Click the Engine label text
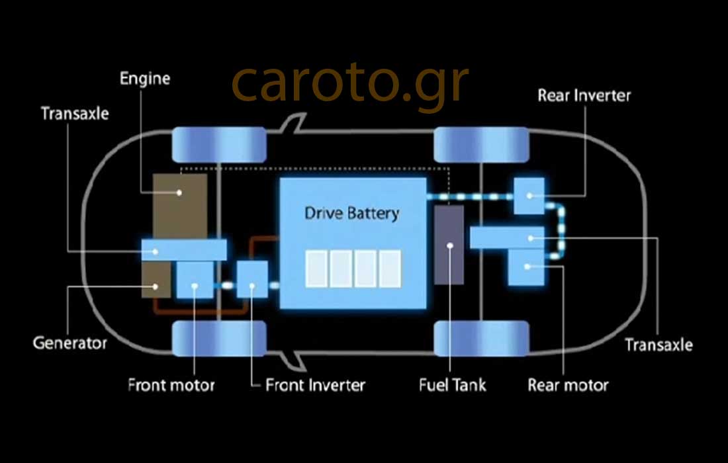[x=145, y=79]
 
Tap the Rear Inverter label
[x=584, y=95]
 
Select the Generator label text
[x=69, y=343]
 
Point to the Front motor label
[x=171, y=384]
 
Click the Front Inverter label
[x=315, y=384]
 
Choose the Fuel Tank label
[x=453, y=384]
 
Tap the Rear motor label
[x=568, y=384]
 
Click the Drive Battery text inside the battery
[x=351, y=214]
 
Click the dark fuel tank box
[x=449, y=245]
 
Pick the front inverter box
[x=252, y=279]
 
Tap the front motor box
[x=195, y=280]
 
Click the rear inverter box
[x=529, y=195]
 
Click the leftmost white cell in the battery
[x=316, y=269]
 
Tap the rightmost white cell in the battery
[x=390, y=269]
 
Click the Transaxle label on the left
[x=75, y=113]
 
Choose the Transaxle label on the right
[x=659, y=345]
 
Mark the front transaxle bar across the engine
[x=184, y=249]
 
